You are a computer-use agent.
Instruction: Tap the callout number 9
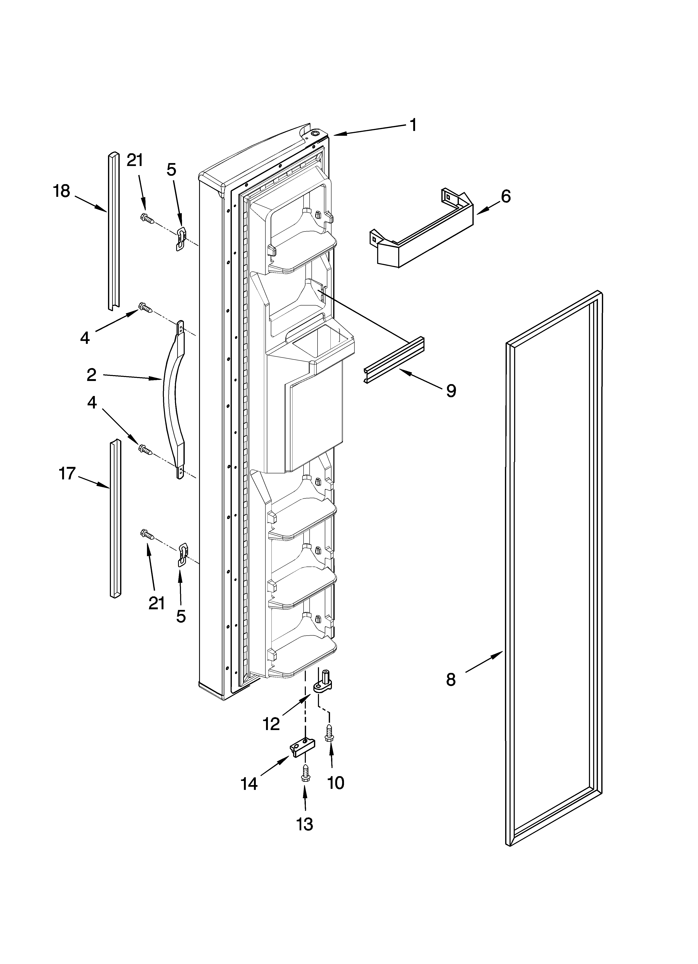[451, 390]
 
